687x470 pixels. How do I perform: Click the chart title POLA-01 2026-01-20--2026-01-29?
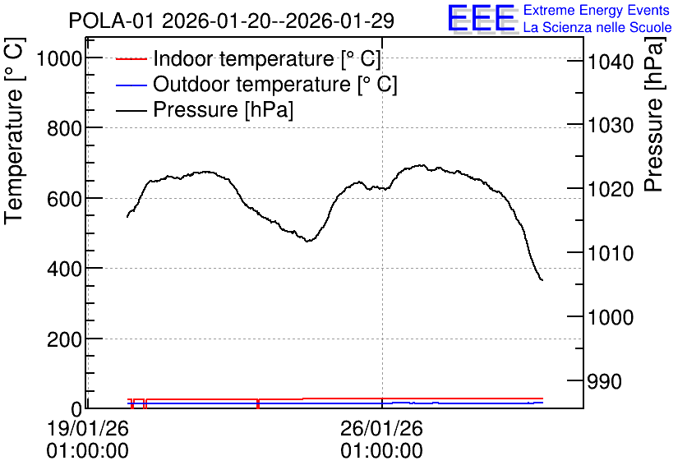[232, 21]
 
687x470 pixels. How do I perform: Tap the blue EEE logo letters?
[481, 18]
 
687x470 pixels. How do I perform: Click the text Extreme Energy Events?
[597, 10]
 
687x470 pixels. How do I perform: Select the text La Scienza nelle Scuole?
[597, 28]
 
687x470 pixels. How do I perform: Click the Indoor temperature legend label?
[267, 58]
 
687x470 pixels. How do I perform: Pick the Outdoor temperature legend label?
[274, 84]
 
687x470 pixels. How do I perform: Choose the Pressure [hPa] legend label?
[223, 109]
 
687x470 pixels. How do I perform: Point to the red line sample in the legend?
[131, 58]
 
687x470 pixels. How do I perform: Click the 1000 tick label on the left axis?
[60, 58]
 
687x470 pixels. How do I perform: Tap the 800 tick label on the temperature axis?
[65, 129]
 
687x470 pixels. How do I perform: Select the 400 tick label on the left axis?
[65, 269]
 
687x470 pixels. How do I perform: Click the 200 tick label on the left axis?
[65, 339]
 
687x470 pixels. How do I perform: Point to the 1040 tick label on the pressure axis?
[611, 62]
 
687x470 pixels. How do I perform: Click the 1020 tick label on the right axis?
[611, 190]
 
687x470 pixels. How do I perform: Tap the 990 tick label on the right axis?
[605, 381]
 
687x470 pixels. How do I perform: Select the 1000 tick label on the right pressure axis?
[611, 317]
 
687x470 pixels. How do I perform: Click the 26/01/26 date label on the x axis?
[381, 428]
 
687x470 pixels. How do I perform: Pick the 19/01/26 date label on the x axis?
[88, 428]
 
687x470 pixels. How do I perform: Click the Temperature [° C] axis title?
[14, 131]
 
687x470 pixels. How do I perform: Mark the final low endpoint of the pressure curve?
[542, 280]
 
